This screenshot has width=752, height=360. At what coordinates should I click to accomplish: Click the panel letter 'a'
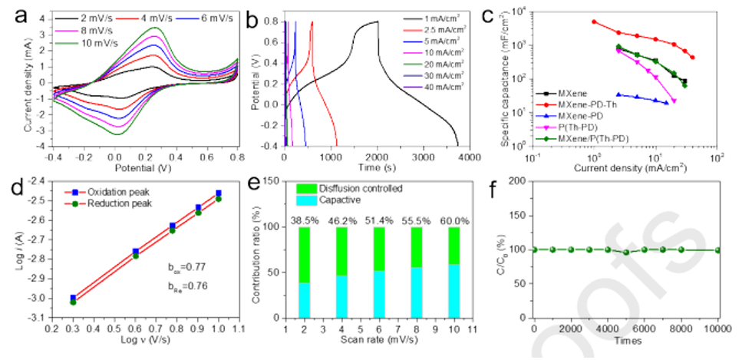(x=11, y=13)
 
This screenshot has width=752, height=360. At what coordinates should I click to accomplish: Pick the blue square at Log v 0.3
(x=73, y=298)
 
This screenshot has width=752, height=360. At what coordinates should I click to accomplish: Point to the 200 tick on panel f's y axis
(x=516, y=182)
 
